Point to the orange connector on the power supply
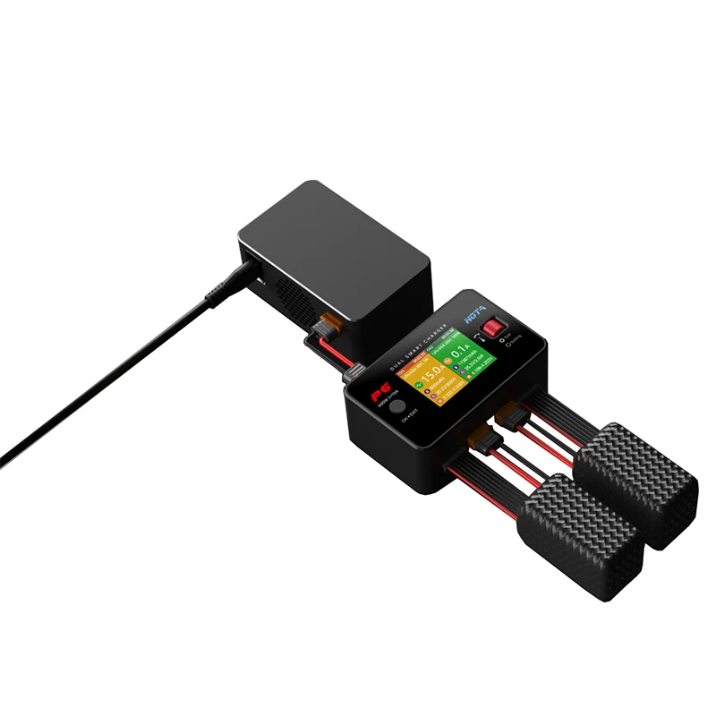328,328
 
